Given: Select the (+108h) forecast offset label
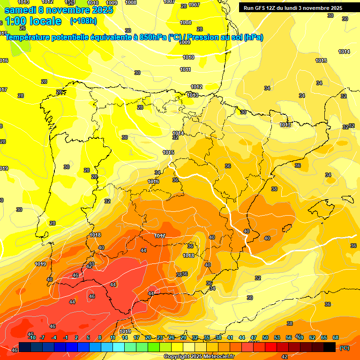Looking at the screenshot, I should click(x=83, y=21).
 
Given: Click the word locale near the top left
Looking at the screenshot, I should click(x=45, y=21).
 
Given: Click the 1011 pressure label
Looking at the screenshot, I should click(x=186, y=69).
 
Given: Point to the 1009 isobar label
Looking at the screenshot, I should click(x=185, y=42).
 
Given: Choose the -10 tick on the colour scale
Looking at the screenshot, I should click(x=32, y=338).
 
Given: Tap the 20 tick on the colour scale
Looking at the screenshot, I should click(x=148, y=338).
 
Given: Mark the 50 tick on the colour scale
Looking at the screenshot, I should click(x=265, y=338).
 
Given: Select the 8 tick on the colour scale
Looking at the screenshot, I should click(x=100, y=338).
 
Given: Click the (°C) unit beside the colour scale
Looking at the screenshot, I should click(x=344, y=348).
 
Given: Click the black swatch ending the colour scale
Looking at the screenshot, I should click(x=330, y=347).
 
